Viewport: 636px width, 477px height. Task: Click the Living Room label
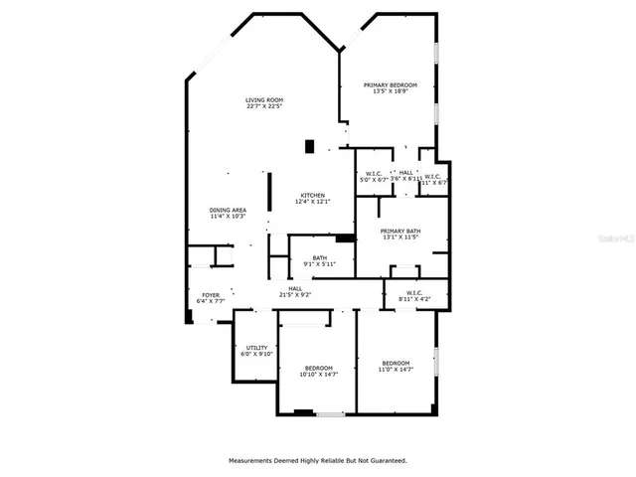(265, 99)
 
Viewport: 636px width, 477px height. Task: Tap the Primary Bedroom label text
(390, 85)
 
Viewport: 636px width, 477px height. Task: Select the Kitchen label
(312, 195)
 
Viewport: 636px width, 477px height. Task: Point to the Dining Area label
(228, 210)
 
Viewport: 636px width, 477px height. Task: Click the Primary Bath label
(399, 231)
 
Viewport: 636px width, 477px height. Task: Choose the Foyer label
(211, 294)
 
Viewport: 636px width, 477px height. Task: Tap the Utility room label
(255, 348)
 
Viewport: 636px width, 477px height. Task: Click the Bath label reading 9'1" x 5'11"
(320, 257)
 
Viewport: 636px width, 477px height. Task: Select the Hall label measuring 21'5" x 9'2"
(295, 288)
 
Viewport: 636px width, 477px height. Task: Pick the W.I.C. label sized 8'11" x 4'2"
(414, 293)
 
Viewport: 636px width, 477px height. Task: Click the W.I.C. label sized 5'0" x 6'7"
(376, 175)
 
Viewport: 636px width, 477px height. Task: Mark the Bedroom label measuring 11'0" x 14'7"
(396, 363)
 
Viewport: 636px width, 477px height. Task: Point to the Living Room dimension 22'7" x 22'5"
(265, 106)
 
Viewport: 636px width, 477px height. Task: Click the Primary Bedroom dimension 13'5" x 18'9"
(390, 92)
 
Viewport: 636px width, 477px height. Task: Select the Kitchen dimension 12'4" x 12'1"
(312, 202)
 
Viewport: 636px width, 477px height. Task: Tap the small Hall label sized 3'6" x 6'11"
(406, 176)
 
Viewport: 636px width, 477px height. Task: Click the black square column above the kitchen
(310, 146)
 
